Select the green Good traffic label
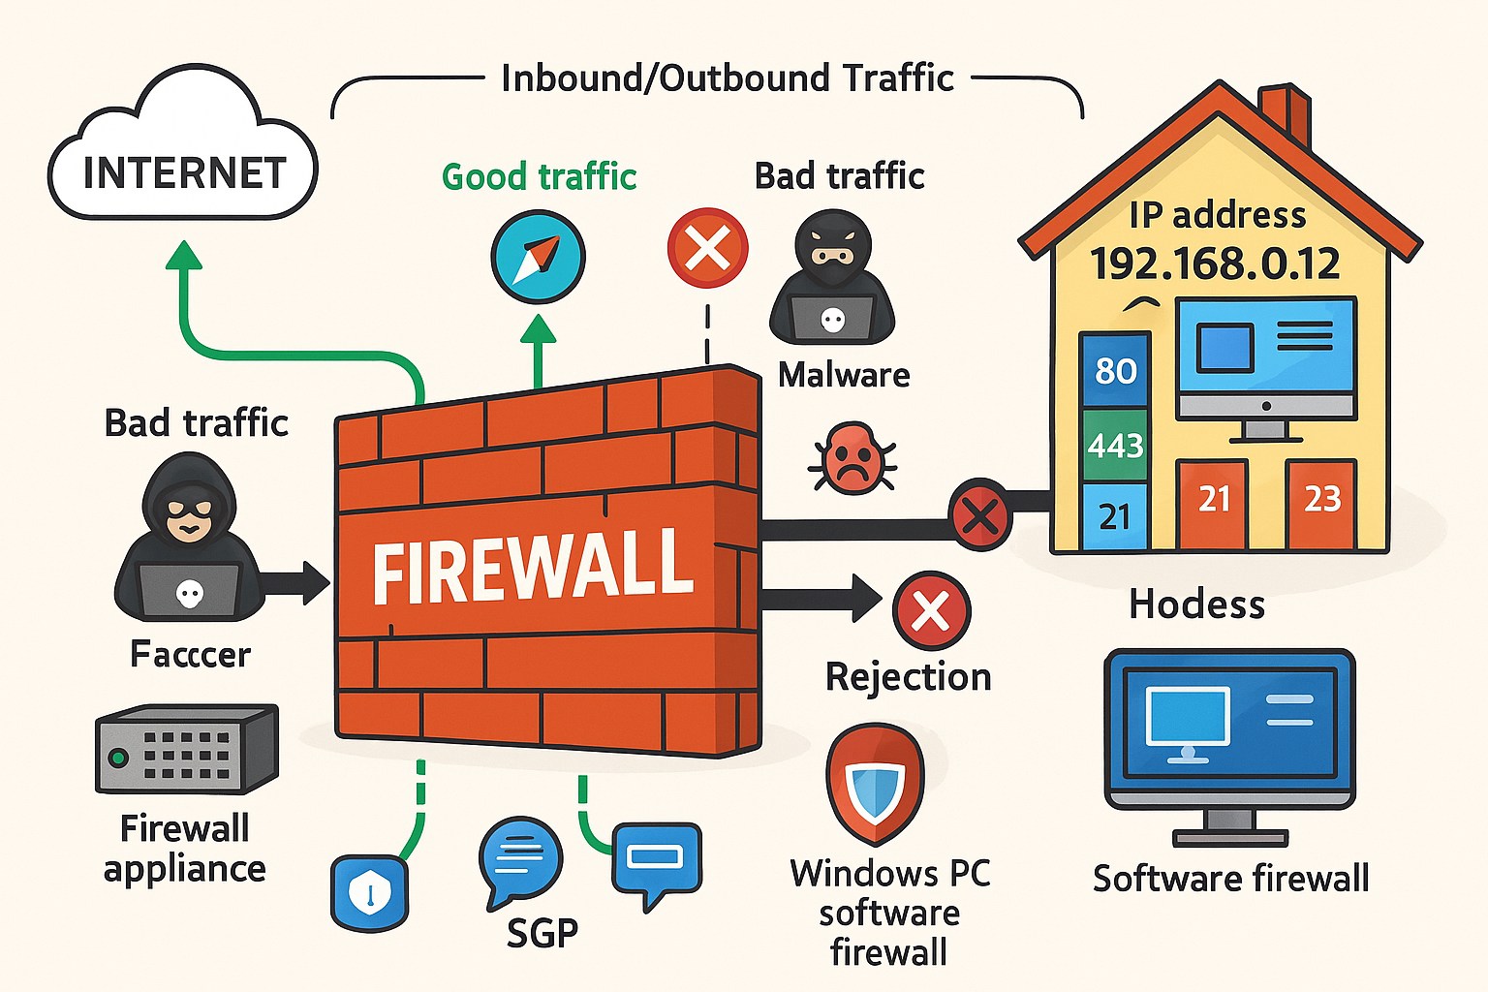[x=539, y=177]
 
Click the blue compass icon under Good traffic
[x=538, y=257]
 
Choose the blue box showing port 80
[x=1115, y=370]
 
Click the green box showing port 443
[x=1115, y=445]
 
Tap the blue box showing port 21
[x=1114, y=516]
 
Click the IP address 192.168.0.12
[x=1215, y=263]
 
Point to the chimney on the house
[x=1286, y=111]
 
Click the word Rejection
[x=908, y=676]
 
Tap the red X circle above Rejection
[x=931, y=610]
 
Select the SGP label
[x=542, y=932]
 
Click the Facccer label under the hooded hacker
[x=190, y=655]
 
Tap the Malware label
[x=844, y=375]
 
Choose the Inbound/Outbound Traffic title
[x=727, y=78]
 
